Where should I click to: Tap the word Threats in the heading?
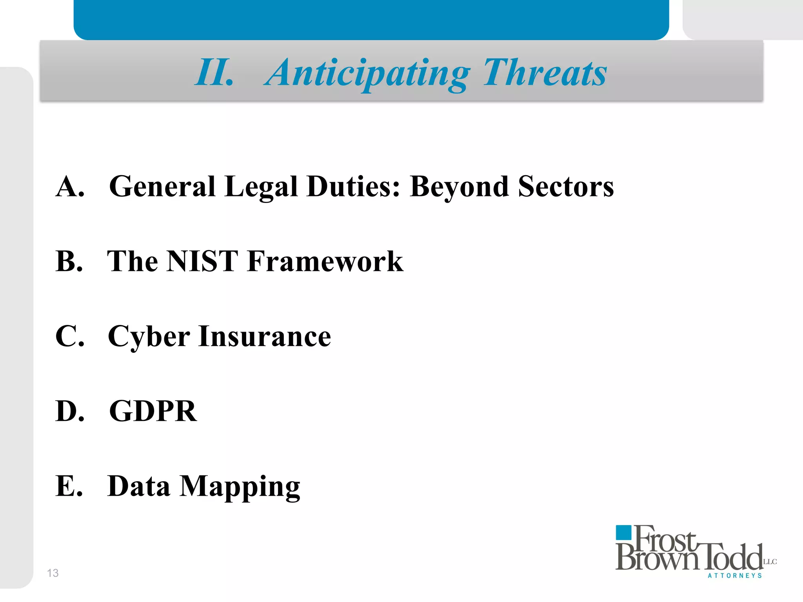pos(545,73)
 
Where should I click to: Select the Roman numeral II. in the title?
pos(214,73)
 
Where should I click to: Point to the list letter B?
pos(69,261)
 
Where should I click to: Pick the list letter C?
pos(70,336)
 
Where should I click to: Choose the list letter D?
pos(70,411)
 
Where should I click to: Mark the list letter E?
pos(69,486)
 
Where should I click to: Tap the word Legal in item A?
pos(261,187)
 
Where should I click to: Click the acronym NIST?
pos(202,261)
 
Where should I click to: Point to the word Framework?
pos(325,261)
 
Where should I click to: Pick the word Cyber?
pos(149,337)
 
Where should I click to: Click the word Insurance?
pos(265,336)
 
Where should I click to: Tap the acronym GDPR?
pos(153,411)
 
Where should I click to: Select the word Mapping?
pos(240,486)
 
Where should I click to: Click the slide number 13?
pos(53,573)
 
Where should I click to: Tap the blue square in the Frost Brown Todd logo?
pos(623,533)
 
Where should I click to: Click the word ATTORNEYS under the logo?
pos(735,576)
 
